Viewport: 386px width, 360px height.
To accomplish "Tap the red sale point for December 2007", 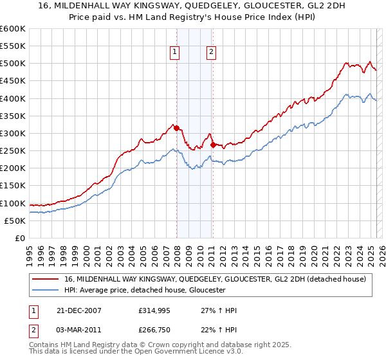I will click(x=176, y=128).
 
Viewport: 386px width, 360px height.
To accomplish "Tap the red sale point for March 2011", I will click(x=213, y=145).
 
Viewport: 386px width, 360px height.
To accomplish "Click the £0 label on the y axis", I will click(x=19, y=239).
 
